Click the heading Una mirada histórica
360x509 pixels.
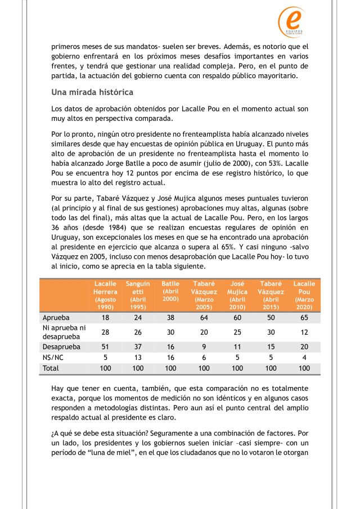point(92,92)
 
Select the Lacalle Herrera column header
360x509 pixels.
point(105,295)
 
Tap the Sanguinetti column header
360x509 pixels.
point(138,295)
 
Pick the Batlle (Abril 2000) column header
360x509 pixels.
point(170,292)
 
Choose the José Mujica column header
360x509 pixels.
point(237,295)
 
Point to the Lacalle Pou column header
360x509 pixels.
point(304,295)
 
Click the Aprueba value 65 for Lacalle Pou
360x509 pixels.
point(304,317)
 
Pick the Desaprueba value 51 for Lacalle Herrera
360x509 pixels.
point(105,347)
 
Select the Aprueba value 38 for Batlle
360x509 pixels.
point(170,317)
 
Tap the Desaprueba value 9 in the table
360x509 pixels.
point(204,347)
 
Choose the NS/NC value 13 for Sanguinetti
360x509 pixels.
point(138,358)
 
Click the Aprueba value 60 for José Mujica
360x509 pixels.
point(237,317)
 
